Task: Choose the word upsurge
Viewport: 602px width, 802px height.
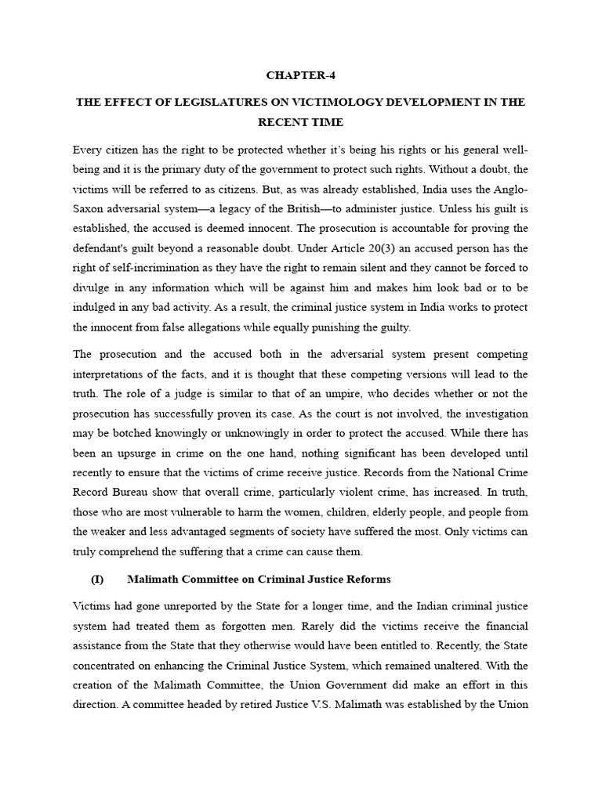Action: (137, 453)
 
